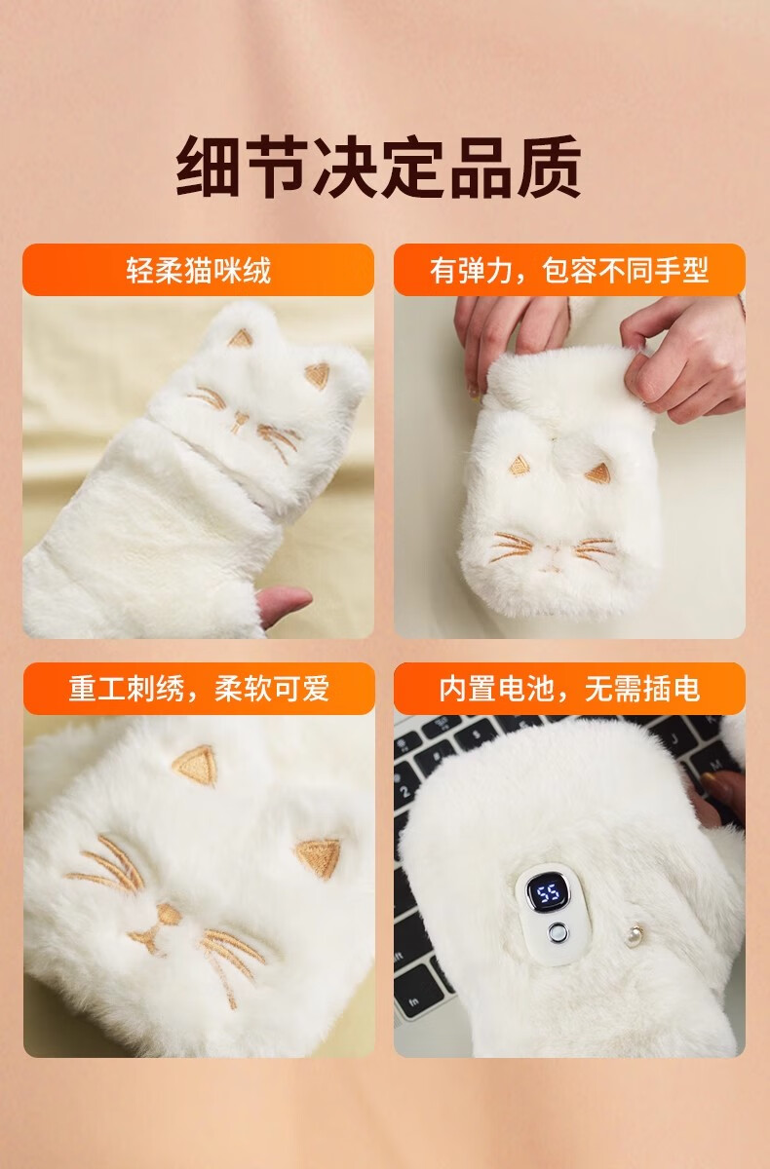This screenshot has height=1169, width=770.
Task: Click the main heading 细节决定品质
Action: click(x=378, y=167)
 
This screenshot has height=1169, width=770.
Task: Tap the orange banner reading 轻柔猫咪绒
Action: click(x=199, y=270)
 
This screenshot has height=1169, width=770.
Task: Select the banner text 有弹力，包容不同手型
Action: click(x=569, y=271)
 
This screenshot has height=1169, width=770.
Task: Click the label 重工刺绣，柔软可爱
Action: click(x=199, y=689)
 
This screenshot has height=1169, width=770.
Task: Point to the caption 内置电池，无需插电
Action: click(x=569, y=689)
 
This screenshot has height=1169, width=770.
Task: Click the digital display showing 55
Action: click(x=548, y=894)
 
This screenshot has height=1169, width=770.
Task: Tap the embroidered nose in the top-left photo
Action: click(x=239, y=419)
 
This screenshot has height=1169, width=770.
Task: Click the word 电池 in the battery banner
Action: click(x=526, y=689)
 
